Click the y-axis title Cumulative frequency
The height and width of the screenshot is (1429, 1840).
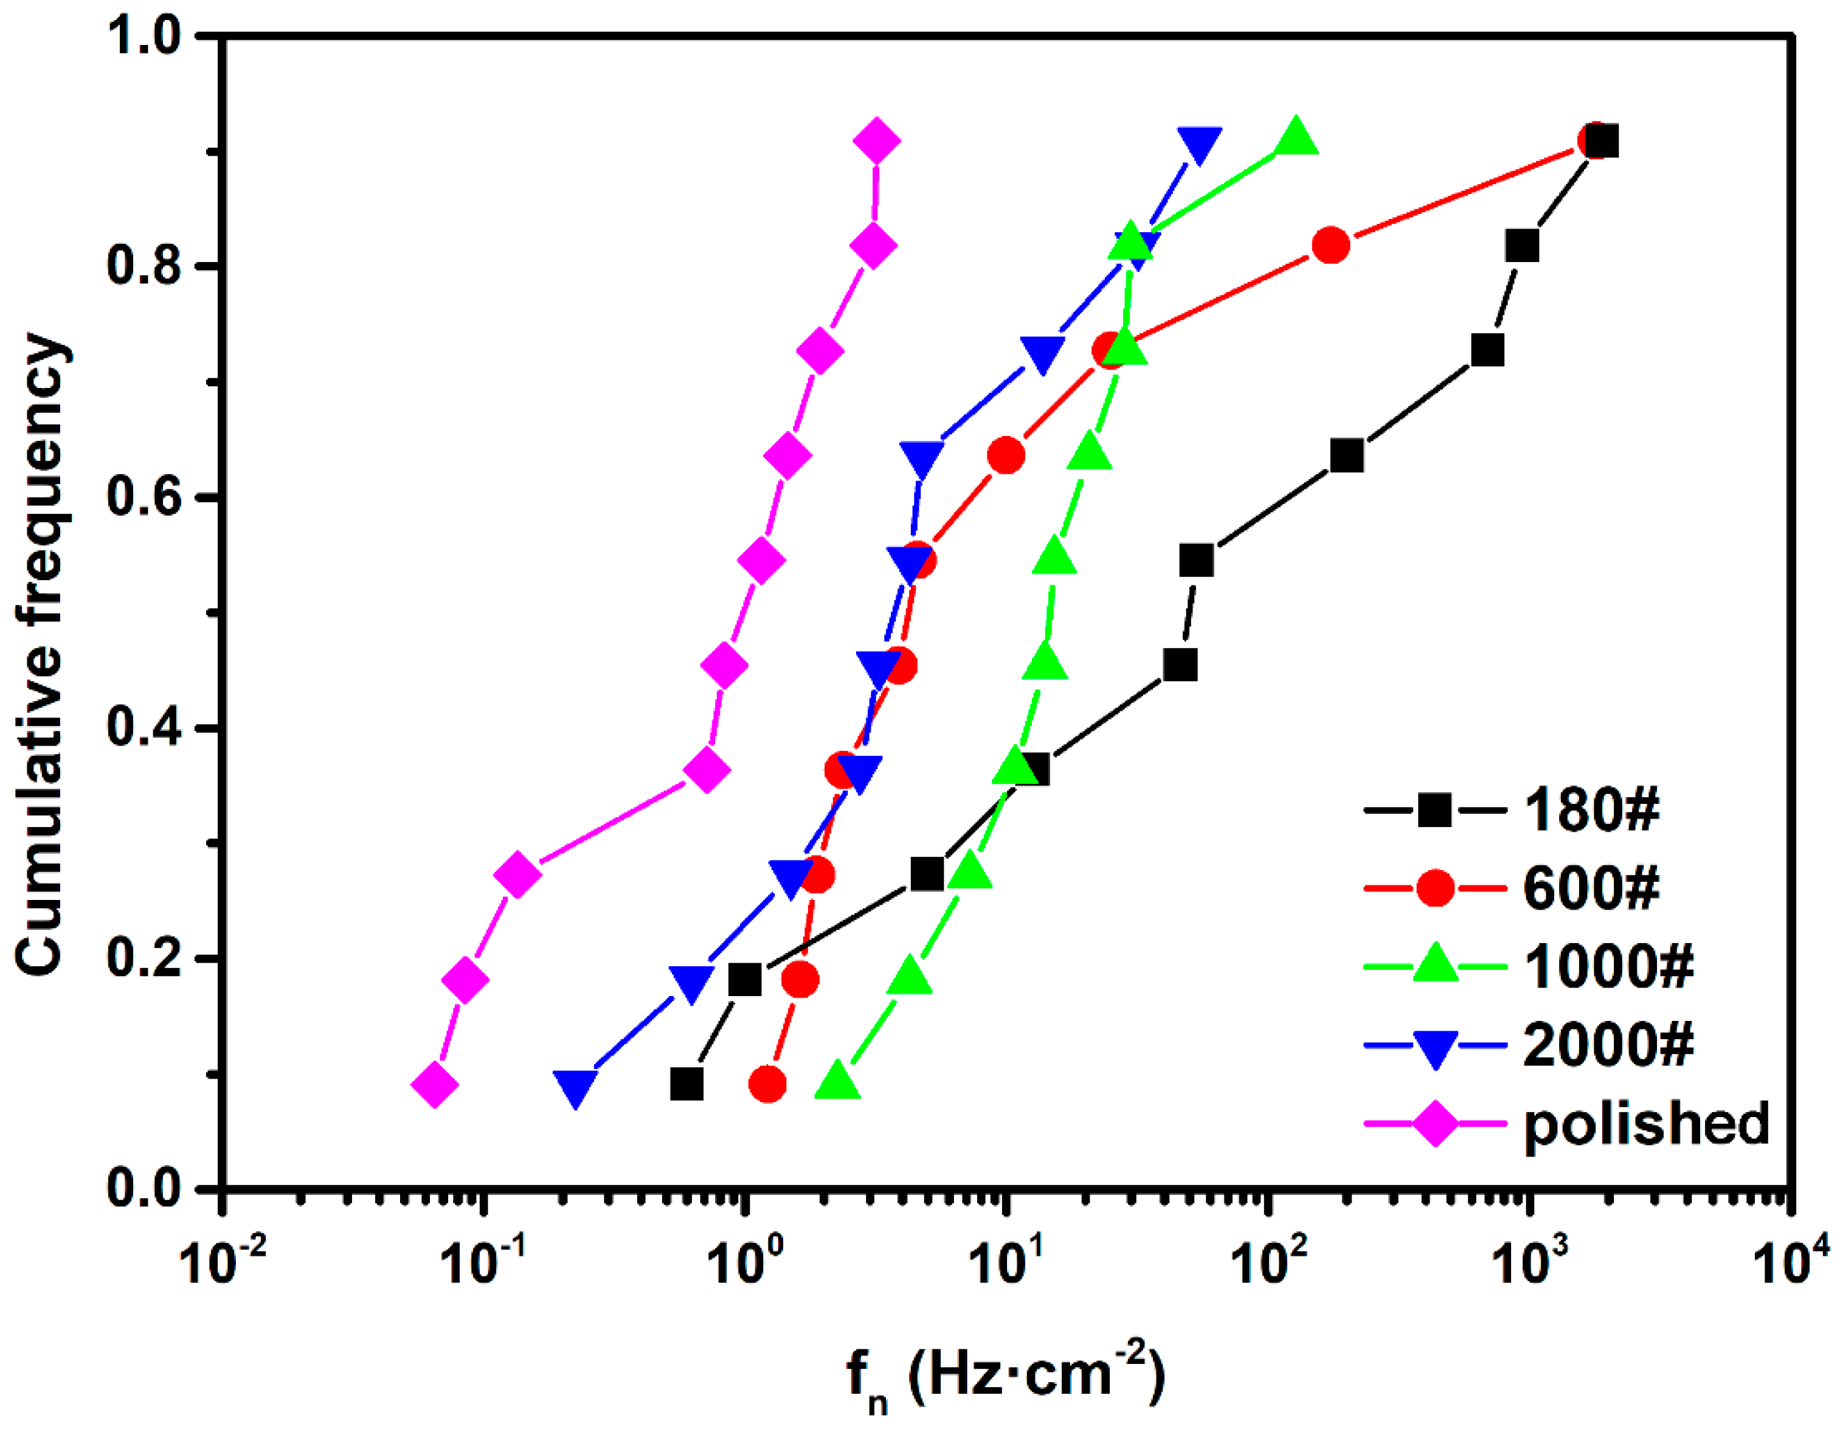[41, 656]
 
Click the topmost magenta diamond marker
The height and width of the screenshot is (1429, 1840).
[876, 142]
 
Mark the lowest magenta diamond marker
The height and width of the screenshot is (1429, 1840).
[435, 1085]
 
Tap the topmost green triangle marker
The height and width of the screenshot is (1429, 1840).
[1296, 138]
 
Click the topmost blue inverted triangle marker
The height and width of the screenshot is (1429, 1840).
[1200, 145]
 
